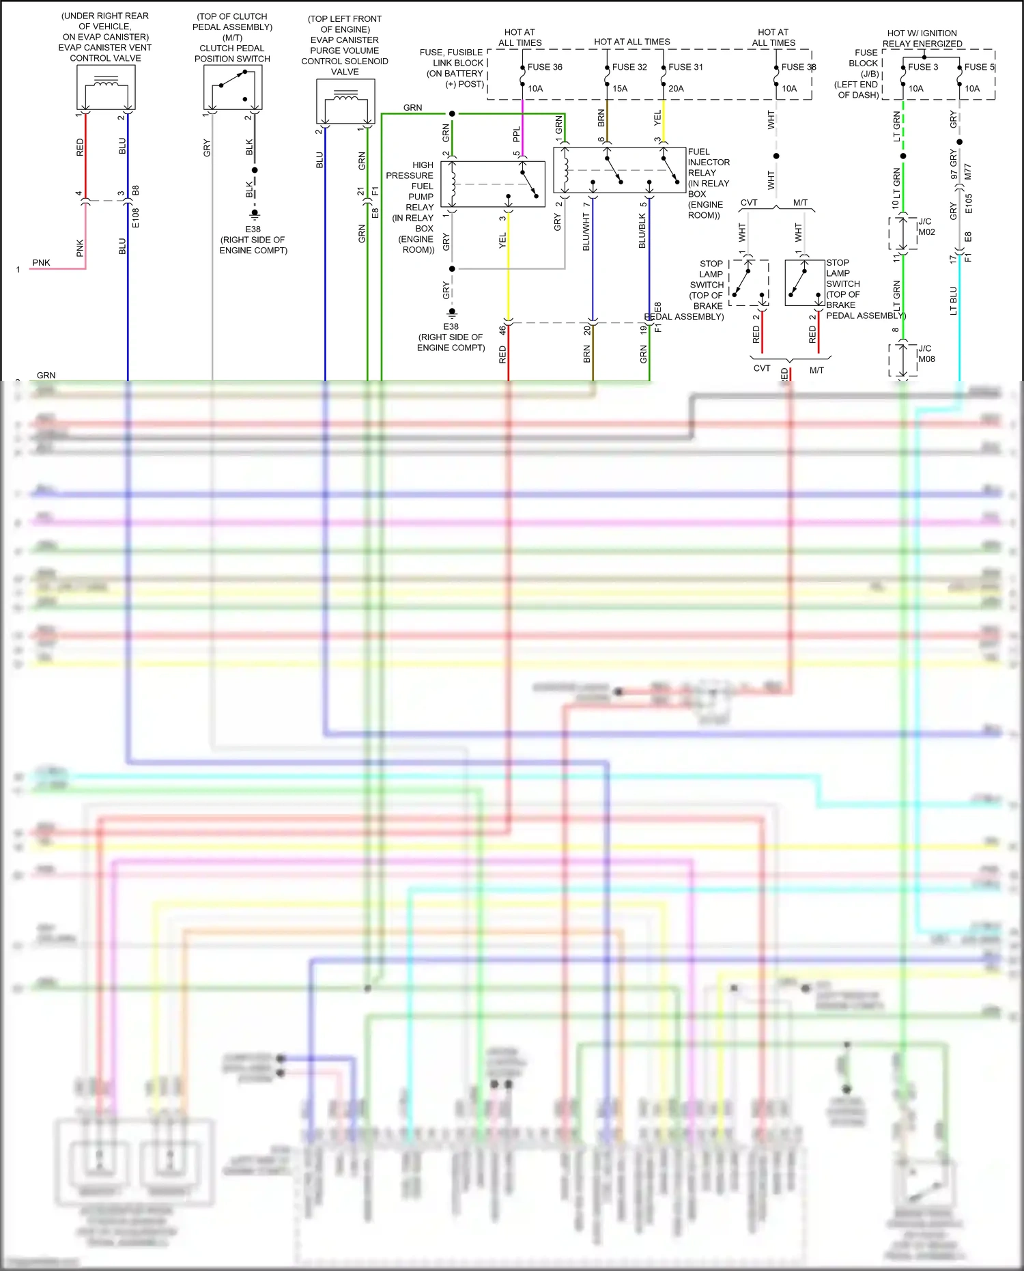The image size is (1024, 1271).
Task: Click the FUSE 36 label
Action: [x=545, y=67]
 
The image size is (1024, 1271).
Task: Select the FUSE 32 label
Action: [x=629, y=67]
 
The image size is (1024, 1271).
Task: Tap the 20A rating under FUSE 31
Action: [x=676, y=89]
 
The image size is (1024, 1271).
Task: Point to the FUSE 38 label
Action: [x=798, y=67]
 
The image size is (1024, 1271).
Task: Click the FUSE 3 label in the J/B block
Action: [x=923, y=67]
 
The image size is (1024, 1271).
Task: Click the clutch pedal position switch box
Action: [x=232, y=87]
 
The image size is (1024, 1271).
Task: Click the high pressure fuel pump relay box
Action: [x=492, y=184]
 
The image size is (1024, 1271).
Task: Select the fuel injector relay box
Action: [x=619, y=169]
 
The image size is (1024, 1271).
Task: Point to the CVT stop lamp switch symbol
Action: [x=748, y=282]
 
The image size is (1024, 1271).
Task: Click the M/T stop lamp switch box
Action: [x=804, y=282]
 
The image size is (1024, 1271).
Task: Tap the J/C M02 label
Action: [x=926, y=227]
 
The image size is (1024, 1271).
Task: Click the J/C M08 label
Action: [x=926, y=354]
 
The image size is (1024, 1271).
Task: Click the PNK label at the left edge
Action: [x=41, y=263]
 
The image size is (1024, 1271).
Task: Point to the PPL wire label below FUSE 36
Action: [x=517, y=134]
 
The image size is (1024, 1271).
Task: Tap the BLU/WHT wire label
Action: [x=586, y=232]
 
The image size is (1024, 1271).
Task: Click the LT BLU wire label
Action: [x=953, y=301]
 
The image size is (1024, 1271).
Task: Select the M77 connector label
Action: [x=967, y=171]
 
